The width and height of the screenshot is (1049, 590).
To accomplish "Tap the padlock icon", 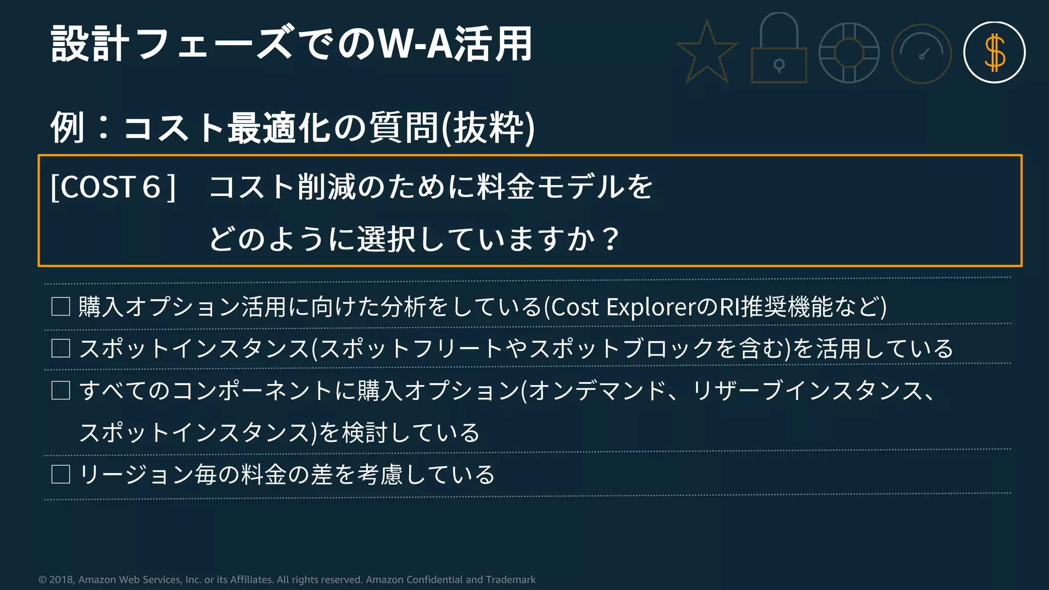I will coord(779,51).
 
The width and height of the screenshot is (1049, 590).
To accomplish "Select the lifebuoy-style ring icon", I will coord(849,53).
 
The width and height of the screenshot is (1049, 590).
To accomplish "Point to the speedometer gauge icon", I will coord(921,54).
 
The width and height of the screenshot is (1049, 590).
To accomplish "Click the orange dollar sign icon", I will coord(994,53).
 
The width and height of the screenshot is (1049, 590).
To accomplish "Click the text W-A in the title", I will coord(415,45).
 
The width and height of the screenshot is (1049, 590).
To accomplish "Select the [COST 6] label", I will coord(113,187).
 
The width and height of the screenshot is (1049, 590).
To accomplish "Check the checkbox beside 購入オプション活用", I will coord(61,307).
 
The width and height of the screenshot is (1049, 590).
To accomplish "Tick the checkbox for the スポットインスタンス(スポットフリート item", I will coord(61,349).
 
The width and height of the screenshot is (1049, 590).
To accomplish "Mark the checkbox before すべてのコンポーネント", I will coord(61,391).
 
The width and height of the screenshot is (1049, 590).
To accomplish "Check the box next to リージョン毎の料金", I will coord(61,474).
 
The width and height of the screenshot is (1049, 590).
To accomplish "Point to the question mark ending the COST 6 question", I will coord(611,239).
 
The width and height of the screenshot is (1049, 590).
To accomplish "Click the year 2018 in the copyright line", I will coord(61,580).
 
